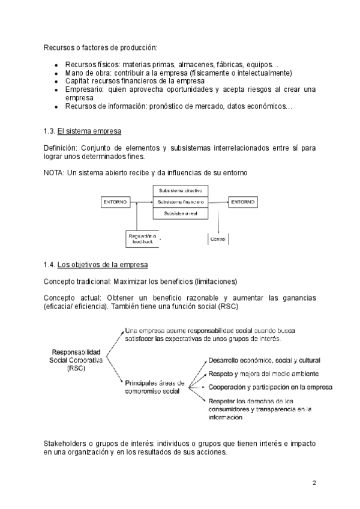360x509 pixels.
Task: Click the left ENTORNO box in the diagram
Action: [x=116, y=202]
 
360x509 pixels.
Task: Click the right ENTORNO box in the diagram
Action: [x=242, y=202]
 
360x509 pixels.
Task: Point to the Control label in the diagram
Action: [x=217, y=239]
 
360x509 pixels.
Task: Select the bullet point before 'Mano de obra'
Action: [x=55, y=73]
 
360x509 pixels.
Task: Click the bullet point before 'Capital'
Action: [x=55, y=81]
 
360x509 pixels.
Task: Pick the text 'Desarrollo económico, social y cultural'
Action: [x=264, y=360]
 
